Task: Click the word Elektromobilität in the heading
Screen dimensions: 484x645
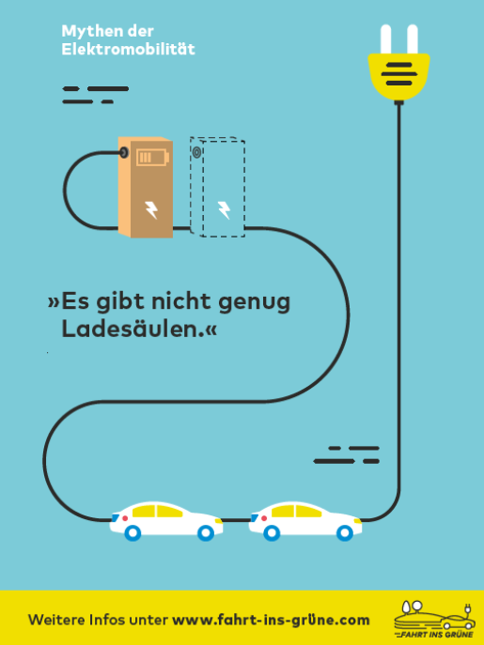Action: tap(128, 49)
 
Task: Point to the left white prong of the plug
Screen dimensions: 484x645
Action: tap(385, 39)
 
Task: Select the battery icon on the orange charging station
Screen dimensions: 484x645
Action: tap(152, 157)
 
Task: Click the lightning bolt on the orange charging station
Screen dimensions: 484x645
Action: tap(151, 209)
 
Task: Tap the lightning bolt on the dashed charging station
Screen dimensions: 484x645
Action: tap(224, 209)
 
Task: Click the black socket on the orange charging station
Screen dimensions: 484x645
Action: tap(123, 153)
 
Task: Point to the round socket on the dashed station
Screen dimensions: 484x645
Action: tap(196, 153)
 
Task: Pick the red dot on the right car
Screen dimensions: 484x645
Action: tap(264, 518)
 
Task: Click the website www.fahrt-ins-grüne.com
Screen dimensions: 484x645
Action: tap(271, 620)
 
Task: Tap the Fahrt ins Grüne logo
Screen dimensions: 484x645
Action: tap(434, 619)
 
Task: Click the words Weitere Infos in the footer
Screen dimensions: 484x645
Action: tap(76, 620)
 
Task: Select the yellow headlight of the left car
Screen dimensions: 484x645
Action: tap(218, 520)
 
